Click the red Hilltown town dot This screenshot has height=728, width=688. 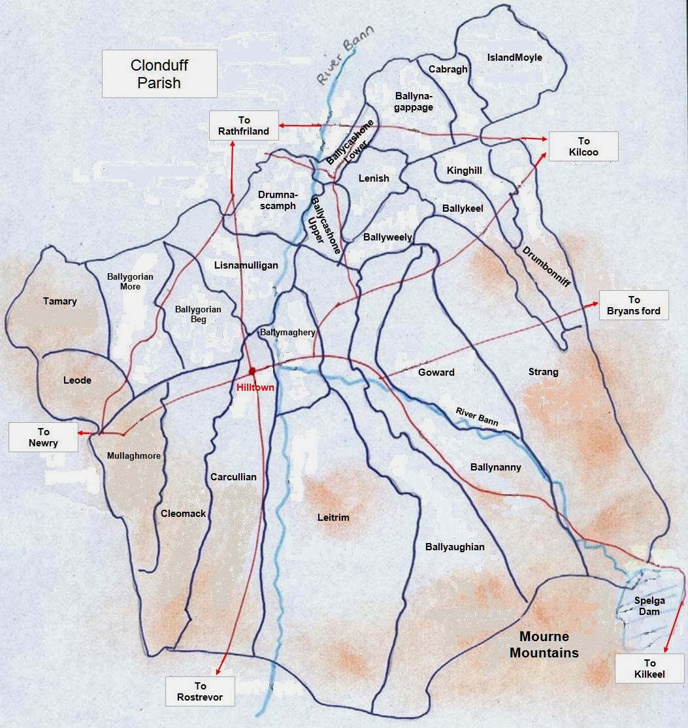point(252,371)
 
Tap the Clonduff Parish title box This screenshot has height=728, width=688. point(159,74)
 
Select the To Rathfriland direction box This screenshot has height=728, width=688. point(244,125)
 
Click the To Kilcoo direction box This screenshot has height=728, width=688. point(583,146)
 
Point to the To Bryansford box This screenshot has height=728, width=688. point(634,305)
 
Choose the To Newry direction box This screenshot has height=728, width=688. point(43,437)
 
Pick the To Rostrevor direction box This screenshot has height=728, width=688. point(200,691)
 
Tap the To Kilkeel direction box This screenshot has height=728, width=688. point(649,669)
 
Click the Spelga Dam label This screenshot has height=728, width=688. point(646,606)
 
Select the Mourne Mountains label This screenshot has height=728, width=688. point(544,644)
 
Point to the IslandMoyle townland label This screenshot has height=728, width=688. point(515,58)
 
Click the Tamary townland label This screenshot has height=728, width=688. point(60,301)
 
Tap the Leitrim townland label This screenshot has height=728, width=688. point(333,518)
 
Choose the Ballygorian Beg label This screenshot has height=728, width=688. point(198,314)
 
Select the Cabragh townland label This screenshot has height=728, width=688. point(448,69)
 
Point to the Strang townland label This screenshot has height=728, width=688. point(543,372)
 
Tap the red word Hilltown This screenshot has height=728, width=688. point(255,388)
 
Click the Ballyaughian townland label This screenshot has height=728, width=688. point(455,547)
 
